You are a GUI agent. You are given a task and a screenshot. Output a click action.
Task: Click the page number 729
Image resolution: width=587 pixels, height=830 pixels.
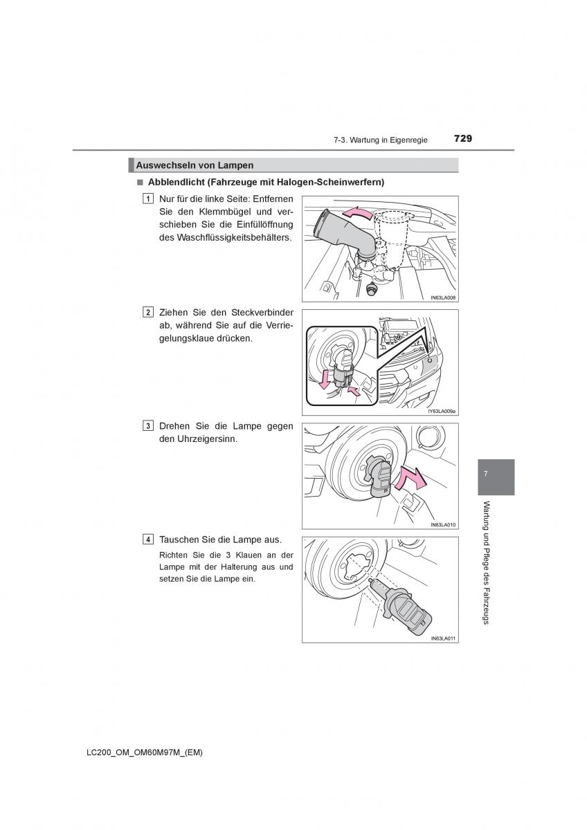463,138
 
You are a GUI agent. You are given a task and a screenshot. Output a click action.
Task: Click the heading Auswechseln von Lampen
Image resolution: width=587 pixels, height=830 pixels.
195,165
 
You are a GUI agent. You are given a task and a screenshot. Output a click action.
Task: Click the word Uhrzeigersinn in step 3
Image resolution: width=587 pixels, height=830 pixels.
206,439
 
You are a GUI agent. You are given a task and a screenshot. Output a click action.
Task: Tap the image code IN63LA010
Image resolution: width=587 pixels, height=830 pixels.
441,524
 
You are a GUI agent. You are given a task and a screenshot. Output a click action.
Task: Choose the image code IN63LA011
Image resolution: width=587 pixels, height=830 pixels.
441,638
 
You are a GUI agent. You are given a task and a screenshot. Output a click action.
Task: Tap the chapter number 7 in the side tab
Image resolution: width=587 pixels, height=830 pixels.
486,474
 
